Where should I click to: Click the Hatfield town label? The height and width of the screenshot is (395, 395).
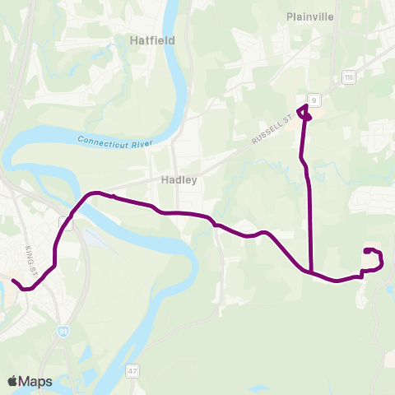pyautogui.click(x=149, y=39)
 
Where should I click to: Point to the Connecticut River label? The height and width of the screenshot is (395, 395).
pyautogui.click(x=116, y=141)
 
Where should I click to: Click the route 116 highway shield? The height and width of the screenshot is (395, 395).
pyautogui.click(x=348, y=77)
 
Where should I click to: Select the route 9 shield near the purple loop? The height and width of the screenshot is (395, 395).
pyautogui.click(x=315, y=100)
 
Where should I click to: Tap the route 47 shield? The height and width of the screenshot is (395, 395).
pyautogui.click(x=132, y=371)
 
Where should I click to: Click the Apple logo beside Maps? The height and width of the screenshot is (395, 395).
pyautogui.click(x=12, y=380)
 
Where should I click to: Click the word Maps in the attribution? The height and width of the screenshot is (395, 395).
pyautogui.click(x=36, y=381)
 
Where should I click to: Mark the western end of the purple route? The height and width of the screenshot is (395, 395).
pyautogui.click(x=13, y=281)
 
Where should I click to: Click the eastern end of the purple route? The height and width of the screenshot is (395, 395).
pyautogui.click(x=365, y=250)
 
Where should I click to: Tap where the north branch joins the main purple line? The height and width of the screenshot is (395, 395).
pyautogui.click(x=311, y=271)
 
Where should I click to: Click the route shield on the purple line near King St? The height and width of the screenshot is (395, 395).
pyautogui.click(x=66, y=223)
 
